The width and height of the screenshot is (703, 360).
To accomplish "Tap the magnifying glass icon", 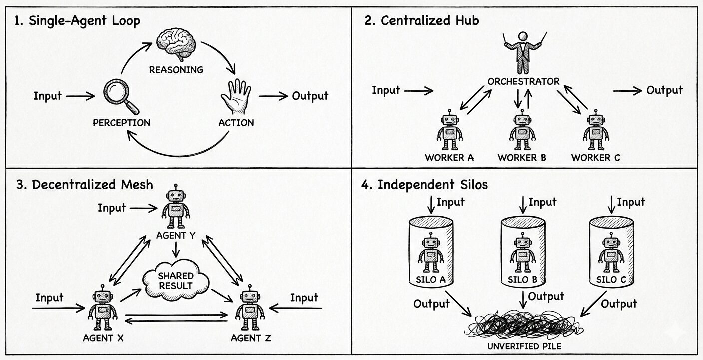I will pos(120,96).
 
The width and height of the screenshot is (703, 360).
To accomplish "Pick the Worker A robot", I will pos(449,131).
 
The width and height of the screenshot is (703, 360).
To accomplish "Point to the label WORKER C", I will pos(595,158).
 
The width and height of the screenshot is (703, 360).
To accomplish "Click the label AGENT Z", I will pos(251,338).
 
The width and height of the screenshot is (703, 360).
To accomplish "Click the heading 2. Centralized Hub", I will pos(422,21).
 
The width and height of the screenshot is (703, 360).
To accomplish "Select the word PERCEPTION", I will pos(121,122).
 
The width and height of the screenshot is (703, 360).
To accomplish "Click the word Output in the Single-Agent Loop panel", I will pos(310,96).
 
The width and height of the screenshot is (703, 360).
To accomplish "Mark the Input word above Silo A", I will pos(450,202).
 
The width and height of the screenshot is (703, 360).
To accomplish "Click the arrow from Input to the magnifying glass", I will pos(80,96).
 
